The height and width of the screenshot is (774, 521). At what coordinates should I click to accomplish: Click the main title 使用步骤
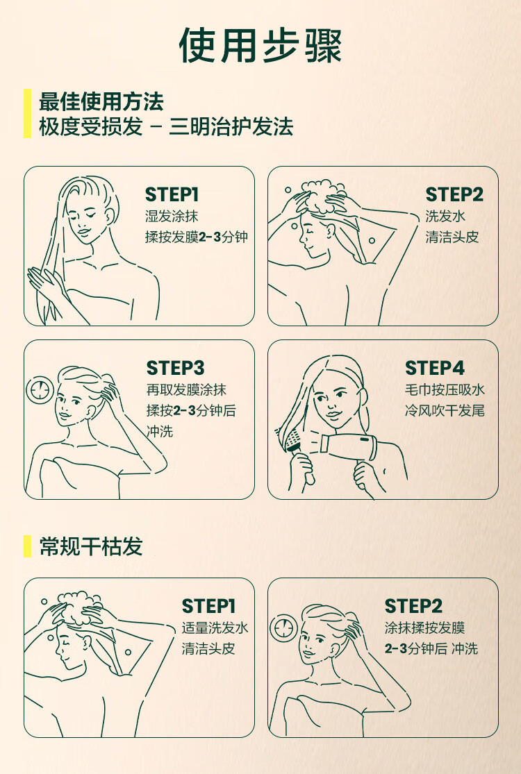point(260,45)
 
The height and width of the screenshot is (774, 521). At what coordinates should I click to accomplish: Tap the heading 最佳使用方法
point(101,101)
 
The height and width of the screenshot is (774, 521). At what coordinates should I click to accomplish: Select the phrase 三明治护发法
point(231,127)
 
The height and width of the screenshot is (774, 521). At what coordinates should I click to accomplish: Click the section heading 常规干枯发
point(91,546)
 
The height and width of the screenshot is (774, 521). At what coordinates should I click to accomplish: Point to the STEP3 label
point(175,368)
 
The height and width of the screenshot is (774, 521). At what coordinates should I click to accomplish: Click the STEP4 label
point(435,368)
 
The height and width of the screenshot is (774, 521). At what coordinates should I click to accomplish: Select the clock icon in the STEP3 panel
point(40,389)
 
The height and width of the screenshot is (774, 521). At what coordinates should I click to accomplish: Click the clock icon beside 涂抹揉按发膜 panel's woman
point(283,628)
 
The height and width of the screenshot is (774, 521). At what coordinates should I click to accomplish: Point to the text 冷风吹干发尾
point(445,411)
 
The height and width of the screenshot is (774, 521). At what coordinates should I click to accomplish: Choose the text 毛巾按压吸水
point(445,389)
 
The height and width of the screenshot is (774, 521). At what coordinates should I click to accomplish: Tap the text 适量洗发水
point(215,628)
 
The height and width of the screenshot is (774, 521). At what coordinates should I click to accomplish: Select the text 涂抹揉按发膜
point(424,628)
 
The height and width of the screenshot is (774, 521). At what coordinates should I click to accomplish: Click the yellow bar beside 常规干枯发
point(27,546)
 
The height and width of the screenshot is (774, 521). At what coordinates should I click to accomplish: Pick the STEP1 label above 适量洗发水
point(208,606)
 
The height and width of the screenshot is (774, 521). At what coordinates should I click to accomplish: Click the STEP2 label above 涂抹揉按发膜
point(413,606)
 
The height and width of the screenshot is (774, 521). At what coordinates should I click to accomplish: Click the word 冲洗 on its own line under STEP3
point(160,431)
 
